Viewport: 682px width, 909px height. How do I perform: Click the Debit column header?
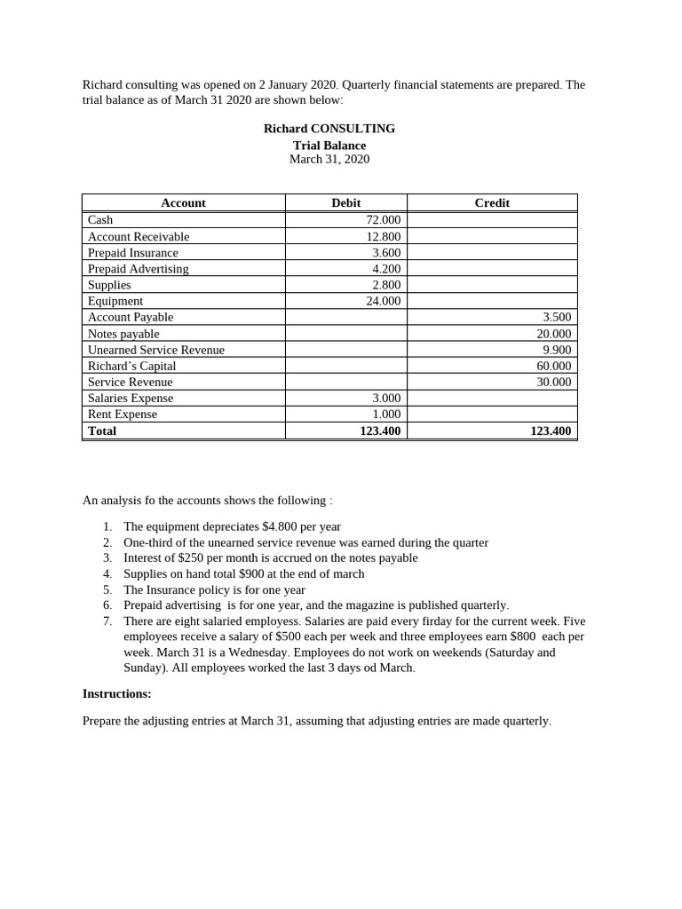(x=345, y=203)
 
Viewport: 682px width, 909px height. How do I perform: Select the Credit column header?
(x=492, y=203)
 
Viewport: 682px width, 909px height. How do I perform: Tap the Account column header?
(x=183, y=203)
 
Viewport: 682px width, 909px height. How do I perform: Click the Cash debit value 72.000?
(x=384, y=220)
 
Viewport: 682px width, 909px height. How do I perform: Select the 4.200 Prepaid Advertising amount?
(x=386, y=269)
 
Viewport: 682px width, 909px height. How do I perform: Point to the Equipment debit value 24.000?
(x=384, y=301)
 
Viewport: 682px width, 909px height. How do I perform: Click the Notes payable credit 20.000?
(x=555, y=334)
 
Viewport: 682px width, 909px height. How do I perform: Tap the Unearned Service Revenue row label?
(x=155, y=350)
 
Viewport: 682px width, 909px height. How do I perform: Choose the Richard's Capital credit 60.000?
(x=555, y=366)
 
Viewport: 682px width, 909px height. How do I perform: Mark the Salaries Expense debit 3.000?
(x=386, y=399)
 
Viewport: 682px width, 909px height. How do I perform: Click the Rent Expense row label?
(x=122, y=415)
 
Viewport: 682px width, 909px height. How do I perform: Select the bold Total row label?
(x=102, y=431)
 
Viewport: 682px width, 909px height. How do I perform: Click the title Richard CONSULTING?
(x=329, y=129)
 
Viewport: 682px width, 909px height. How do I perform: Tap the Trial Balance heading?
(x=329, y=146)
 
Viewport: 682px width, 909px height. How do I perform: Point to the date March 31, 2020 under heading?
(x=329, y=160)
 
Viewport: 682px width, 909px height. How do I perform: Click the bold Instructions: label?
(x=117, y=694)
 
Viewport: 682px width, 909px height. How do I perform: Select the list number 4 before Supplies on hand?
(x=107, y=574)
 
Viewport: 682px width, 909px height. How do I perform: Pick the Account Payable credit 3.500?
(x=557, y=317)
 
